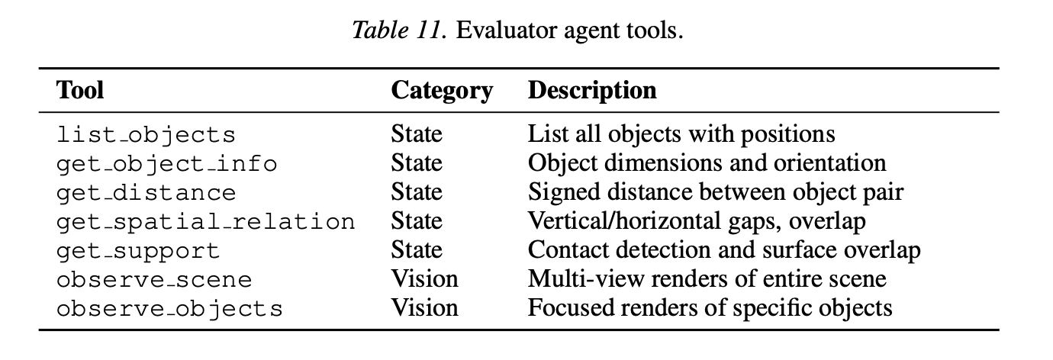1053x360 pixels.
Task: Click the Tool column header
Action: click(80, 90)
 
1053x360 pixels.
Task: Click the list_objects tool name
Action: click(146, 135)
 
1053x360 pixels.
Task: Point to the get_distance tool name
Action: click(146, 193)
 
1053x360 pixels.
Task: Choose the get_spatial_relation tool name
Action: click(205, 222)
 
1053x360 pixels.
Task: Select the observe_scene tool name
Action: click(154, 280)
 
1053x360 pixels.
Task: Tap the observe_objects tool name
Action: click(169, 309)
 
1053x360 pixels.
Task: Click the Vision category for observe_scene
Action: click(424, 278)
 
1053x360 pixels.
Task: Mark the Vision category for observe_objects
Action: click(424, 308)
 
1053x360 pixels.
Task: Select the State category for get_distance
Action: click(417, 191)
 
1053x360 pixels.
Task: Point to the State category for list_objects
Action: click(417, 134)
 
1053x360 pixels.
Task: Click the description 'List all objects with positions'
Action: click(681, 135)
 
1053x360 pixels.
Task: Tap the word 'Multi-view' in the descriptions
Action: click(586, 278)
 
